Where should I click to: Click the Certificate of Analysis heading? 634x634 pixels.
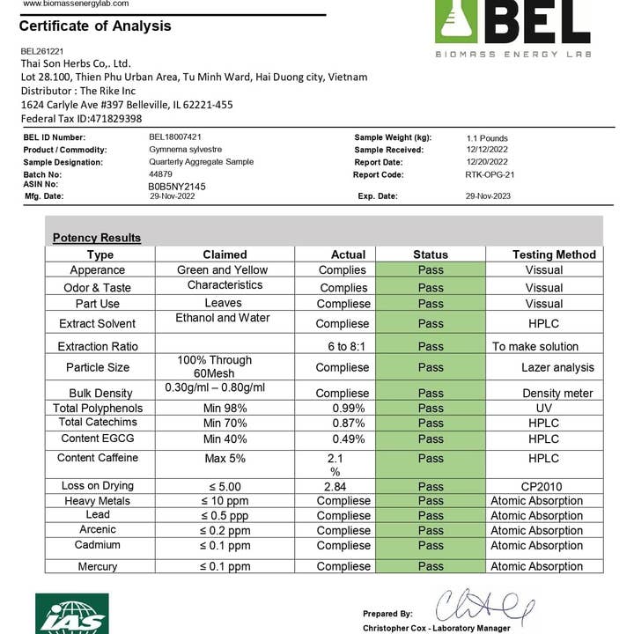(95, 26)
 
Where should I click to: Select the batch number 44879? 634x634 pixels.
(161, 174)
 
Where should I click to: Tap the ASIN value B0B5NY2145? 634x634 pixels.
(177, 187)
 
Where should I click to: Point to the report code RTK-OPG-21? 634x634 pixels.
(490, 174)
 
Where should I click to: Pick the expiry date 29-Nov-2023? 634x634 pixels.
(490, 196)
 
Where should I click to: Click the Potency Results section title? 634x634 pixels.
(96, 238)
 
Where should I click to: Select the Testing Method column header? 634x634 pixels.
(554, 254)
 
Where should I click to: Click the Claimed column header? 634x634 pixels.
(225, 254)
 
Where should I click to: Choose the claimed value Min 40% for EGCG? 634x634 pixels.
(225, 439)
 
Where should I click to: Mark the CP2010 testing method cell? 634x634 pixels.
(543, 486)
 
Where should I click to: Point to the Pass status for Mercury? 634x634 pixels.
(431, 566)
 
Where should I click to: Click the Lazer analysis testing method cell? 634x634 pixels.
(557, 367)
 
